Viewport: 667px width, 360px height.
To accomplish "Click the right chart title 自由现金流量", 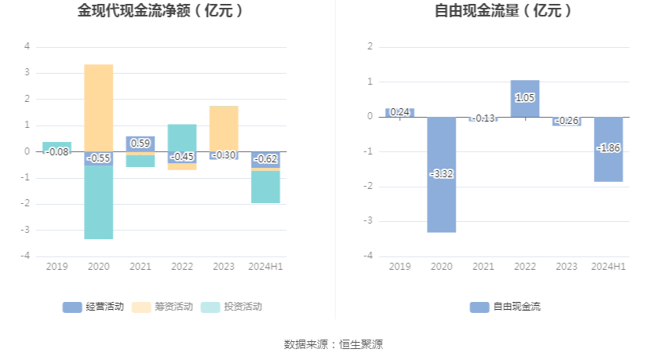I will tap(503, 11).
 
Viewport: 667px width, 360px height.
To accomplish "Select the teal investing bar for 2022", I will tap(182, 137).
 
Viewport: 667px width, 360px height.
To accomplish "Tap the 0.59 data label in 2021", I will tap(140, 143).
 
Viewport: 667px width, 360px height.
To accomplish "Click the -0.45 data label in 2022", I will tap(182, 156).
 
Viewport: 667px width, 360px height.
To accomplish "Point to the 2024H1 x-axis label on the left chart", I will tap(265, 267).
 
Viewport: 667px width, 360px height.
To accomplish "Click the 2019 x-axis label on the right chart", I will tap(399, 267).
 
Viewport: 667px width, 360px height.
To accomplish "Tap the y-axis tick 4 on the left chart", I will tap(27, 46).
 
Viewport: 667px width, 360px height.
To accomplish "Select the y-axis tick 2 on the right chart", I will tap(370, 46).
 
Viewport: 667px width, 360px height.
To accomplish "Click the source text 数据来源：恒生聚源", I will tap(333, 344).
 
